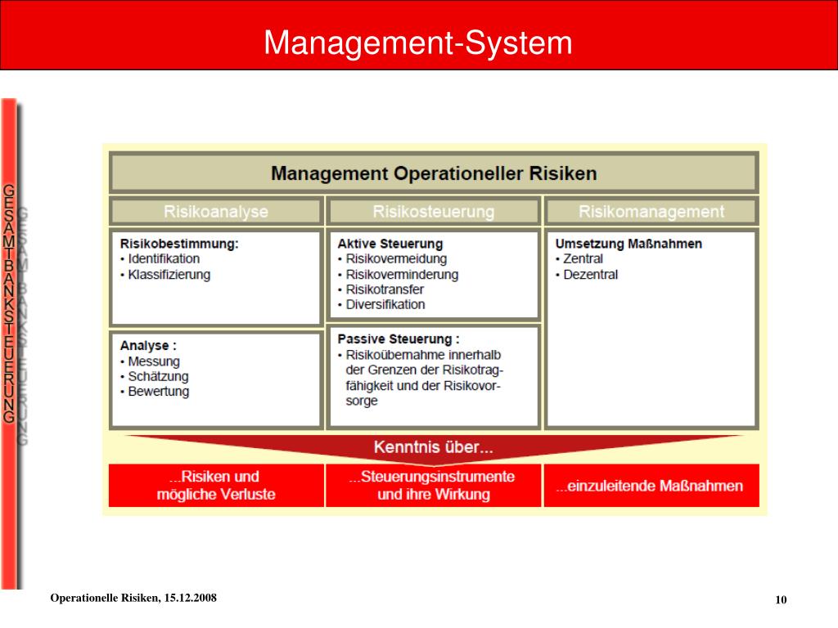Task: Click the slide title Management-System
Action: click(x=418, y=43)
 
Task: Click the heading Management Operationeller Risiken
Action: click(x=434, y=173)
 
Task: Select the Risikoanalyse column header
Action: click(x=216, y=212)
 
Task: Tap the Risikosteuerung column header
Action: click(x=434, y=212)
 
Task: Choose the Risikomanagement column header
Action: click(x=651, y=212)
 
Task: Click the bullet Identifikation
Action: click(x=164, y=259)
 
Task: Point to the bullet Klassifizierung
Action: click(x=169, y=275)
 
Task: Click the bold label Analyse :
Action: click(x=148, y=345)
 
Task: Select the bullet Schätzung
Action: click(x=158, y=376)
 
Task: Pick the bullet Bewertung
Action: click(x=158, y=392)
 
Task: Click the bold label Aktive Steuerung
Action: click(x=390, y=244)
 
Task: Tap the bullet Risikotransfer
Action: click(x=385, y=289)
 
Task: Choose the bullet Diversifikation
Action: click(x=385, y=304)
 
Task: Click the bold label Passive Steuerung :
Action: click(x=399, y=339)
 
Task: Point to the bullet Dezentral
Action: click(x=590, y=275)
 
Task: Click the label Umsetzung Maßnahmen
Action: click(x=628, y=244)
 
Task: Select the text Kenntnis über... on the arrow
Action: click(x=434, y=447)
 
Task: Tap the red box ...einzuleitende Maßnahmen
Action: click(x=651, y=486)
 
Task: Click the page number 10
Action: click(x=781, y=601)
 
